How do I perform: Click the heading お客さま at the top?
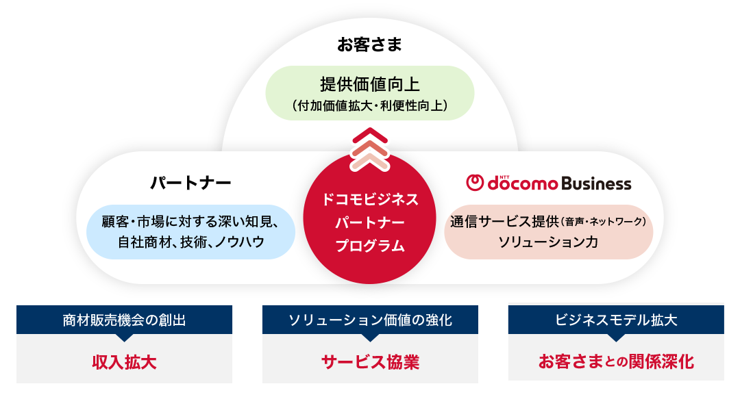click(x=369, y=44)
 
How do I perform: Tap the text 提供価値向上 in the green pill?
click(x=370, y=84)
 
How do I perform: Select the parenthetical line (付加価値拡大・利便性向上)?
click(x=370, y=105)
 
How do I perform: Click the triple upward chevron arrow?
click(x=370, y=149)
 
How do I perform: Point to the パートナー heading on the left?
click(x=190, y=183)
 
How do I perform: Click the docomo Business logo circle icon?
click(x=475, y=183)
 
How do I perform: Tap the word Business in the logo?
click(x=597, y=183)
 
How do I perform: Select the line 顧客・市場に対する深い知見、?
click(x=190, y=222)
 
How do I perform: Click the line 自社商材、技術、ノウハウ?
click(x=190, y=242)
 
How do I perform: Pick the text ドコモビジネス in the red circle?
click(x=370, y=199)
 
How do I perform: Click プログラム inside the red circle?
click(x=370, y=246)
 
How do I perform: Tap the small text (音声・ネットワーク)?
click(x=603, y=221)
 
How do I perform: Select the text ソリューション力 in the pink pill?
click(x=548, y=242)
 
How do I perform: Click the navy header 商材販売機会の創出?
click(x=124, y=320)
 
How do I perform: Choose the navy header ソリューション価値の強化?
click(x=370, y=320)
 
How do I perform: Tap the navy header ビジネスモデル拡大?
click(x=616, y=320)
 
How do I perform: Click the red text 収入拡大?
click(x=124, y=362)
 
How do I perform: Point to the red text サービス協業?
click(x=370, y=362)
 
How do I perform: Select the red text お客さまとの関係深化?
click(x=616, y=361)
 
